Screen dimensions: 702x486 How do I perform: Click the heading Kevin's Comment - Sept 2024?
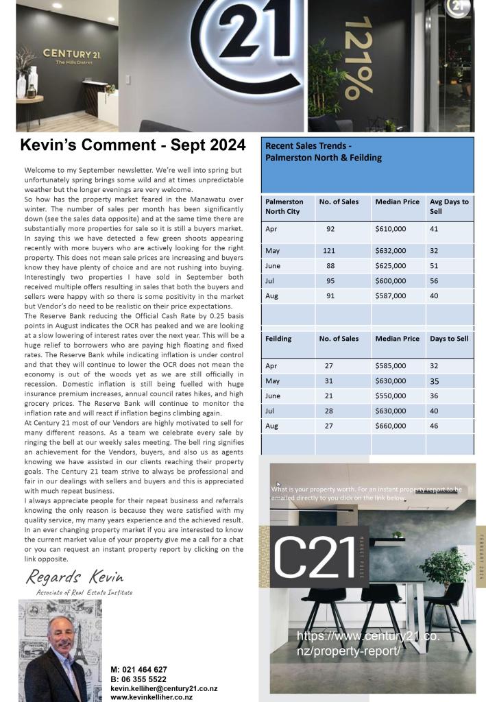coord(133,145)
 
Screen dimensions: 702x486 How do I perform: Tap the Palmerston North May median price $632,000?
coord(390,251)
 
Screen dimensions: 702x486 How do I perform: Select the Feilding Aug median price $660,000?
coord(390,426)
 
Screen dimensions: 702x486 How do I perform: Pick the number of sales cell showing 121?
coord(329,251)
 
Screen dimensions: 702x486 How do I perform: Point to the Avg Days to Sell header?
coord(449,206)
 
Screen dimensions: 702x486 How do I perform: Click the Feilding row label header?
coord(278,339)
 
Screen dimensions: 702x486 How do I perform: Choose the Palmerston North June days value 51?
coord(434,266)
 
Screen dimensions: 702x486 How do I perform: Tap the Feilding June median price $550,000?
coord(390,396)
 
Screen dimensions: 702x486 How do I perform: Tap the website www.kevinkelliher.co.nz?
coord(151,697)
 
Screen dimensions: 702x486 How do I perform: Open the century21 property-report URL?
coord(368,643)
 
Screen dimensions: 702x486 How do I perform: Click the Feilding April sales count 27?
coord(329,366)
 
